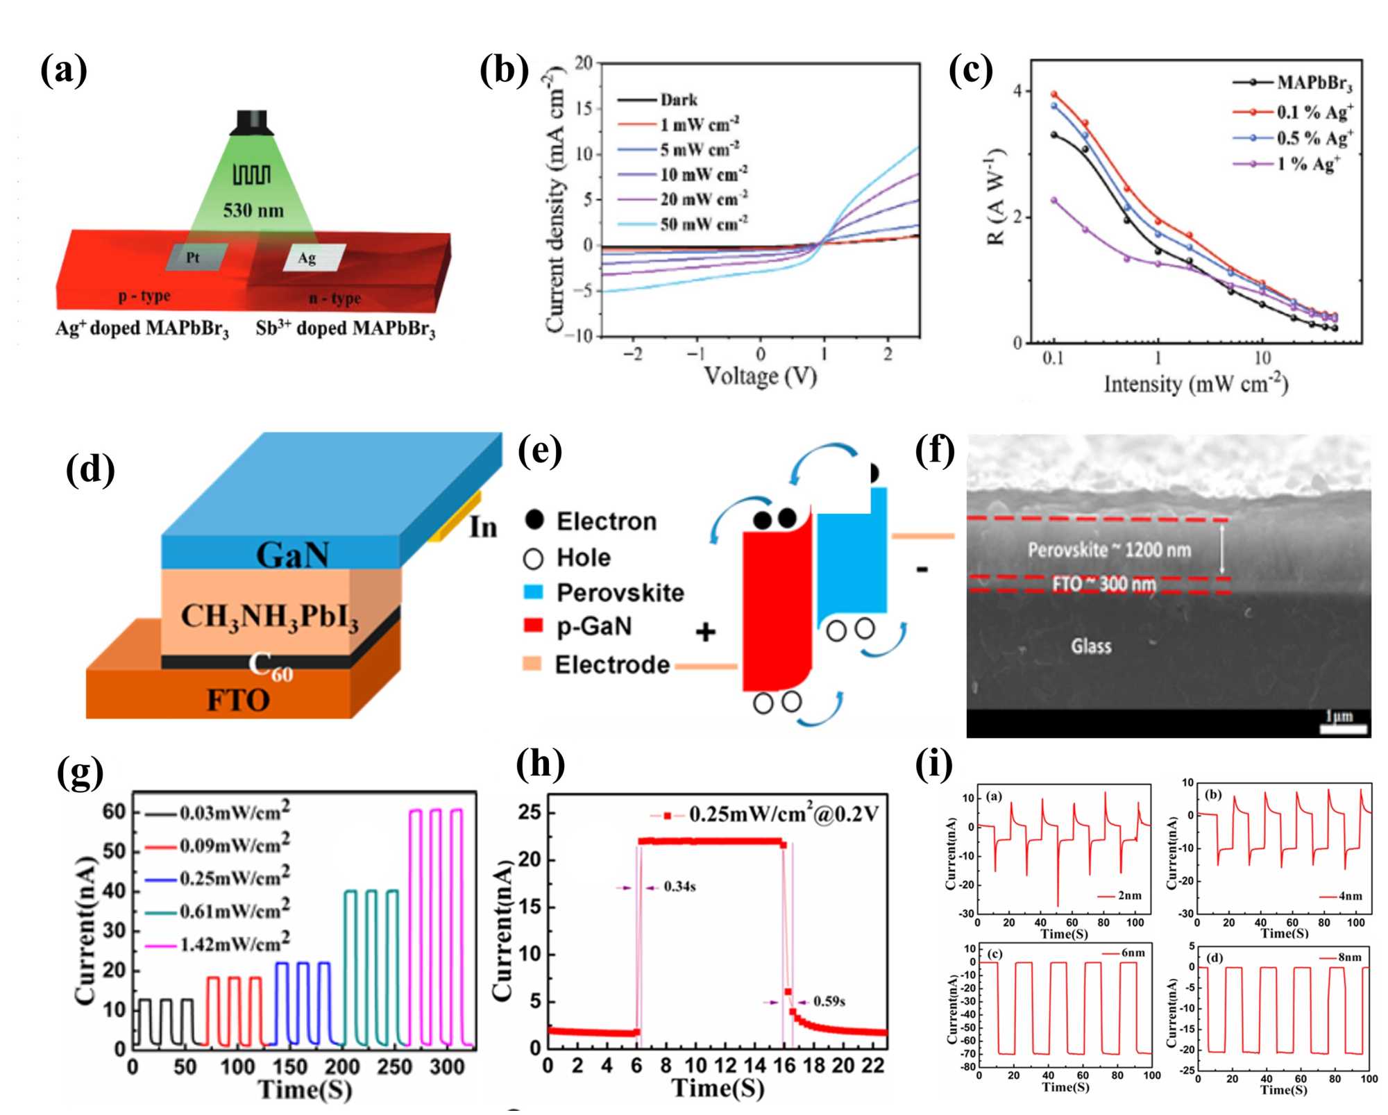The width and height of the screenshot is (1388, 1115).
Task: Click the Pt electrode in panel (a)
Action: [195, 257]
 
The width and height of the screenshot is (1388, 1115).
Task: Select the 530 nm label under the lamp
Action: [253, 210]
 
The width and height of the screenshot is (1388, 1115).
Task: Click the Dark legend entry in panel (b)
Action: [678, 100]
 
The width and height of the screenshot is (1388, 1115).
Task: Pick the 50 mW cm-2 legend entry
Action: [704, 224]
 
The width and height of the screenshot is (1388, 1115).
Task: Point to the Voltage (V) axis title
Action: [760, 376]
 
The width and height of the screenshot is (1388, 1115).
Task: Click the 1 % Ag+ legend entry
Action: [1307, 165]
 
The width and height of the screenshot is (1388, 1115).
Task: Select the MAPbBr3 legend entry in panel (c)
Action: [1314, 83]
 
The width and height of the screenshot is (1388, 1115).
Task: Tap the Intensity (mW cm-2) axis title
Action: [1195, 384]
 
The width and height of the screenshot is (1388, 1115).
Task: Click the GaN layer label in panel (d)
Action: [292, 555]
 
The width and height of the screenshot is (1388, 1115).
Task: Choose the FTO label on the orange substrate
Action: [238, 700]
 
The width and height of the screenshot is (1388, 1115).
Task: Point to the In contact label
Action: [483, 528]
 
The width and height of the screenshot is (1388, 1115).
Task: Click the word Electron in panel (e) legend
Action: [606, 521]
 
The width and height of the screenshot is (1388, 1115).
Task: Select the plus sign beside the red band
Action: [705, 632]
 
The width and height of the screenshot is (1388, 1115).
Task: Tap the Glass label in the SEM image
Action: [1090, 646]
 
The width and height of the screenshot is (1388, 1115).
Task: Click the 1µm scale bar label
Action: [1339, 715]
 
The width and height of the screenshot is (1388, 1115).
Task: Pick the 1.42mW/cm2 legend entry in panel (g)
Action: [235, 944]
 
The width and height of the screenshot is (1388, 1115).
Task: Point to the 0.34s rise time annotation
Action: [679, 887]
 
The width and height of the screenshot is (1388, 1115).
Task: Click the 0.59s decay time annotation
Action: [829, 1001]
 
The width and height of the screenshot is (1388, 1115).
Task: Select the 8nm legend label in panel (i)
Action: [1349, 957]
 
